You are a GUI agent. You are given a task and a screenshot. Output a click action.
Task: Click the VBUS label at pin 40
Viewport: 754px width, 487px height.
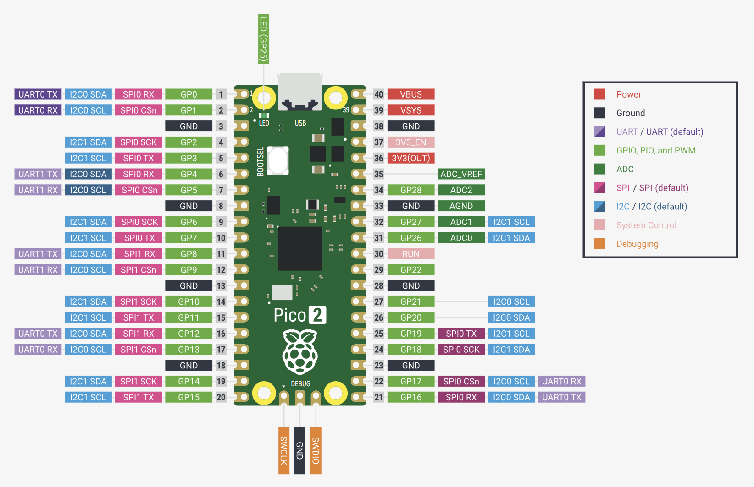(410, 94)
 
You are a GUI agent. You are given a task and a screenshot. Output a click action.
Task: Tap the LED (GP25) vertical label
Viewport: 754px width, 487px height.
(264, 38)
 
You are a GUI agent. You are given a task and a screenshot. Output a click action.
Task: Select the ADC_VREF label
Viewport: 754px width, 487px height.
(461, 174)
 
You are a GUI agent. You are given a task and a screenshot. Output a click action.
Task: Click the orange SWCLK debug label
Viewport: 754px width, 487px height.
(284, 450)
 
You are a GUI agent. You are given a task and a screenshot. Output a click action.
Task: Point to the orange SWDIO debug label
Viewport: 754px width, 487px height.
(316, 450)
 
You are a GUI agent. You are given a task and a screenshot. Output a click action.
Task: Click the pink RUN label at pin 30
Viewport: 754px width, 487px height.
(410, 254)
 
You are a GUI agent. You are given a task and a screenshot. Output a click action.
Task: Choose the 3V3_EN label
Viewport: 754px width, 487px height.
(410, 142)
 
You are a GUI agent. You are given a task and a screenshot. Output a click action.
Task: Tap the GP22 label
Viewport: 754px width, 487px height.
(410, 270)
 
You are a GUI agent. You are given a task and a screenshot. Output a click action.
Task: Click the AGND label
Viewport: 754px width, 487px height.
(461, 206)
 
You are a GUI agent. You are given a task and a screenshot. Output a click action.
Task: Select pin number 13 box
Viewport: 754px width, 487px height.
(221, 286)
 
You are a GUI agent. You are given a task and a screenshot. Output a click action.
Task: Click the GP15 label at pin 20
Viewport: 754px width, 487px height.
(188, 397)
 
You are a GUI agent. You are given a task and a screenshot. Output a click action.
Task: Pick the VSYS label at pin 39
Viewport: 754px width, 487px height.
(410, 110)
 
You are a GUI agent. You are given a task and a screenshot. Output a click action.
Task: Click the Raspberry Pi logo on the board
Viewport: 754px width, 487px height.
(300, 351)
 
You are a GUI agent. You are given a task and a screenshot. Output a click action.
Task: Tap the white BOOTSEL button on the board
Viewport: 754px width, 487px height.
(278, 160)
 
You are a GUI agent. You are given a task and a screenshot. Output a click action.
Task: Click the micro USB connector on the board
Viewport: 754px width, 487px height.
(300, 92)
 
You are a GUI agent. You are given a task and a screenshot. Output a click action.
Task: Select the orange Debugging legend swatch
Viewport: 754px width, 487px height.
(599, 244)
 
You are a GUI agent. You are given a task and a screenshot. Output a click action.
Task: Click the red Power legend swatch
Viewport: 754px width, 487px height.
(599, 94)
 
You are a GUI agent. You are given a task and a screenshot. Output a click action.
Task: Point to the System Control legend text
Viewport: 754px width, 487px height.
(646, 225)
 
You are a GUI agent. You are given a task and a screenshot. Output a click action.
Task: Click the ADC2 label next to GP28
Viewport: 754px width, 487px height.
(461, 190)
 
